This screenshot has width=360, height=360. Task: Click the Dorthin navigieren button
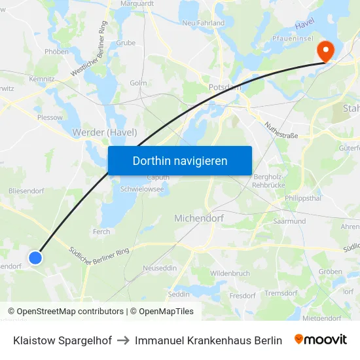(179, 160)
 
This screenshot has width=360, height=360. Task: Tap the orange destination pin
(325, 51)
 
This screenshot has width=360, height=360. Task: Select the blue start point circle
(35, 257)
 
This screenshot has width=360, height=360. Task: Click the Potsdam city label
(225, 87)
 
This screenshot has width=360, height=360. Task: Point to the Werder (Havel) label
(104, 132)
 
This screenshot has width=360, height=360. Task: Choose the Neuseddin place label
(160, 268)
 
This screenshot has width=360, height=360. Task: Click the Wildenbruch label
(230, 273)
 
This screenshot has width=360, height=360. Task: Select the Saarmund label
(289, 221)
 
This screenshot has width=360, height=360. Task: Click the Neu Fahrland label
(203, 23)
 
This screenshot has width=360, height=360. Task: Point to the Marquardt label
(136, 3)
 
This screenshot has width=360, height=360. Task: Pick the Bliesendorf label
(26, 190)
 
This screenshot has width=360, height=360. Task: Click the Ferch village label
(101, 231)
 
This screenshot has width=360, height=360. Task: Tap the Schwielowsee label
(142, 189)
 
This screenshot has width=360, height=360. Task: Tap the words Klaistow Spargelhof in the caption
(62, 340)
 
